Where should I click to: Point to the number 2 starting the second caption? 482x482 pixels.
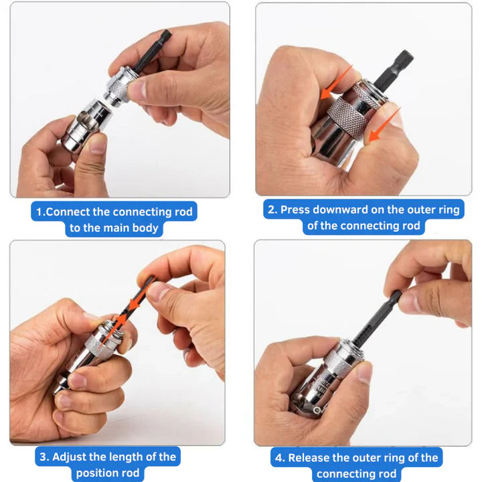pos(271,210)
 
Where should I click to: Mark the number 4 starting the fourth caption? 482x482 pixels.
pos(278,458)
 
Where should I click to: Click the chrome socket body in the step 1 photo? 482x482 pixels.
pos(80,124)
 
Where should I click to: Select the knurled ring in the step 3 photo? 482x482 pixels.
pos(100,338)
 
